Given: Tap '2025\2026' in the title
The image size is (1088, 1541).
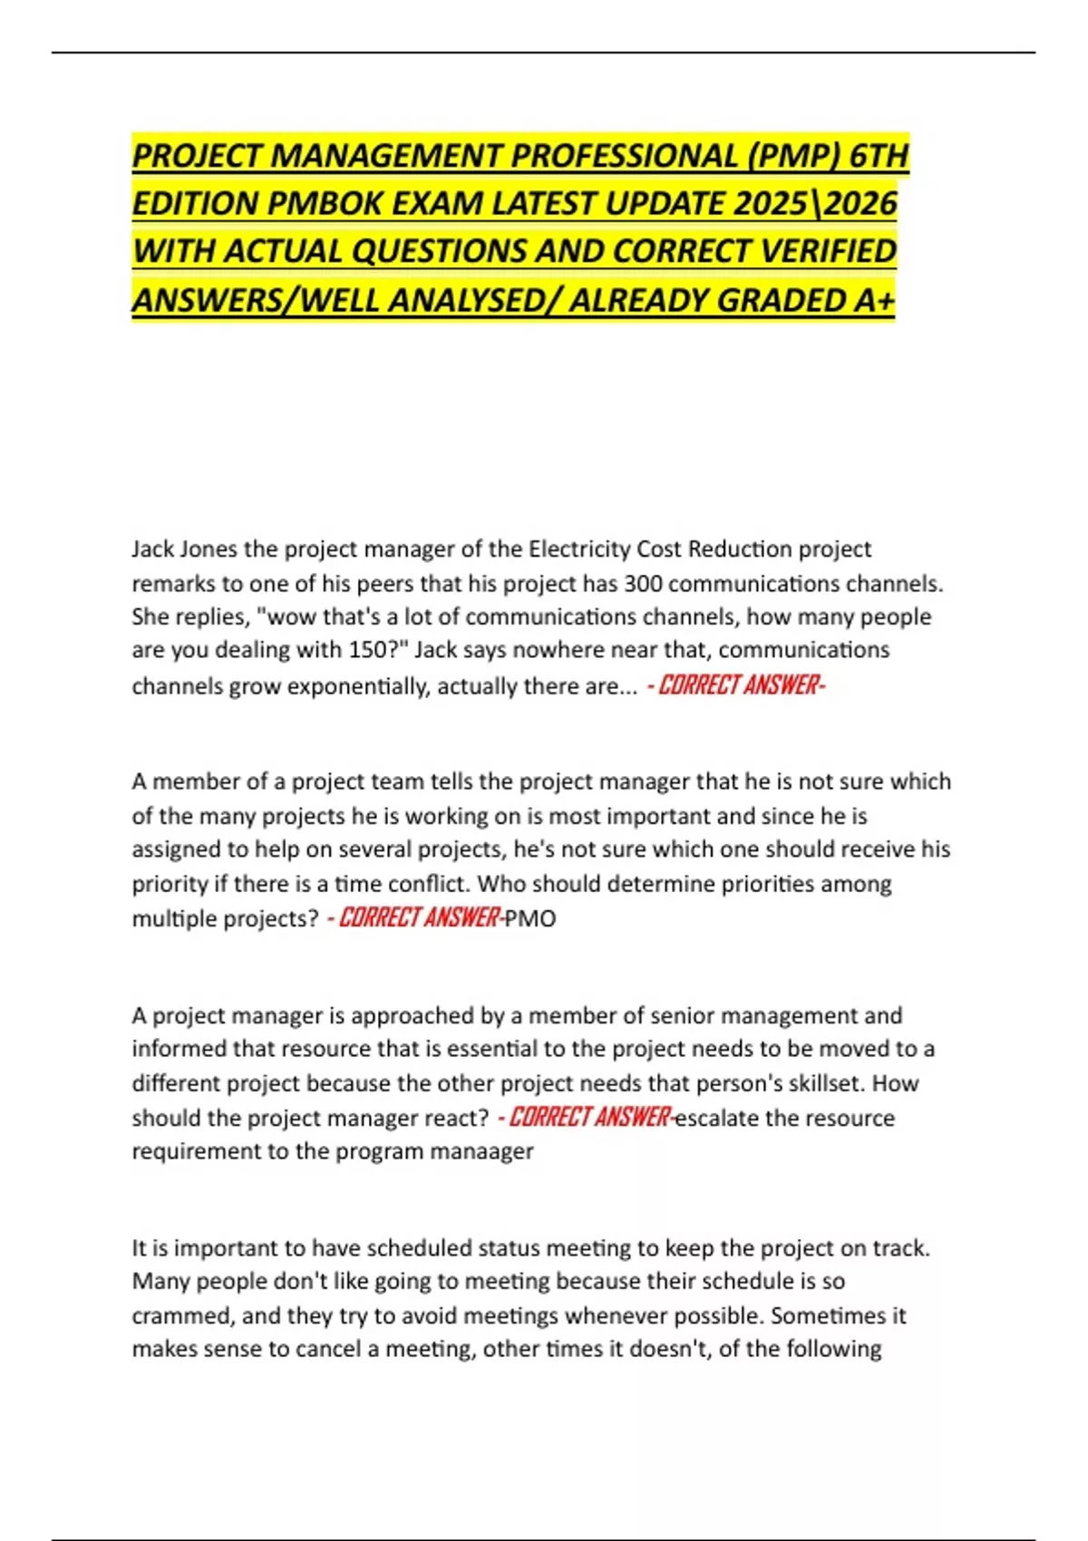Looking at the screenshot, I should pyautogui.click(x=815, y=204).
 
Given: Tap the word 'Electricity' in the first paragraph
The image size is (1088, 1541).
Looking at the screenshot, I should pyautogui.click(x=579, y=549).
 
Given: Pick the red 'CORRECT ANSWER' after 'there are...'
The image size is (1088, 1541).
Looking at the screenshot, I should pyautogui.click(x=736, y=685).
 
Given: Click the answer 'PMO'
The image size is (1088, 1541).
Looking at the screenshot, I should pyautogui.click(x=530, y=919).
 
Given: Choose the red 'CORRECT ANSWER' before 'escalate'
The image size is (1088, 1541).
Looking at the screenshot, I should pyautogui.click(x=588, y=1117).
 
